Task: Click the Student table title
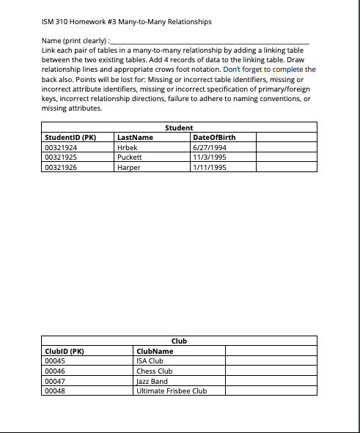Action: click(x=179, y=127)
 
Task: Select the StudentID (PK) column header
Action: click(x=70, y=137)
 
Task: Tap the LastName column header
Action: click(x=135, y=137)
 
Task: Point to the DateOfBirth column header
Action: click(x=213, y=137)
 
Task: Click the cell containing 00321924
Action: click(x=62, y=147)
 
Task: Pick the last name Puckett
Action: click(x=129, y=157)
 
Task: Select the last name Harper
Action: click(x=128, y=167)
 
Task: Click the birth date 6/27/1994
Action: click(x=208, y=147)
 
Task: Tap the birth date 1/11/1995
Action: click(x=208, y=167)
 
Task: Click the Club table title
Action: click(x=179, y=341)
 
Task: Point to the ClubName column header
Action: click(x=155, y=351)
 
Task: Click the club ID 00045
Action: click(x=56, y=360)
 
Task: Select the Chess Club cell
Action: click(x=154, y=371)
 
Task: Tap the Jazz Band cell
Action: click(x=152, y=381)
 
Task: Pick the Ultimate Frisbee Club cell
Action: click(x=172, y=391)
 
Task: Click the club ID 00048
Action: click(x=56, y=391)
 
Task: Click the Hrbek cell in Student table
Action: click(x=128, y=147)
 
